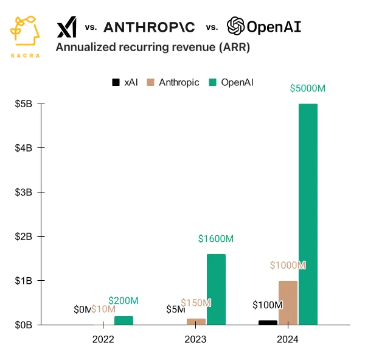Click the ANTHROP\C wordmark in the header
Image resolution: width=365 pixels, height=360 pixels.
coord(149,27)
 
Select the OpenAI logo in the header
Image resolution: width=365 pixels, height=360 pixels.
coord(263,27)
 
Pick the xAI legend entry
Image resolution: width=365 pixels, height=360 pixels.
coord(125,82)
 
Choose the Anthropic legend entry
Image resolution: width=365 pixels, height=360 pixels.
coord(173,82)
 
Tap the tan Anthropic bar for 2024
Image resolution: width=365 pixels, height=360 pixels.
coord(288,303)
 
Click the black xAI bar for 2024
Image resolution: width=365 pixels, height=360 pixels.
coord(268,322)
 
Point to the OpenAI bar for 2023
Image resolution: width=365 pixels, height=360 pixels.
coord(216,289)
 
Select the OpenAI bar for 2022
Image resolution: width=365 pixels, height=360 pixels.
coord(123,320)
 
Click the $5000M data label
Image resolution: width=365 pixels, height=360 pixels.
coord(307,88)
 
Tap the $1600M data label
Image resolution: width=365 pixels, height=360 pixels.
coord(216,239)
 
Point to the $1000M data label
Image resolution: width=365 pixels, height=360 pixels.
coord(288,266)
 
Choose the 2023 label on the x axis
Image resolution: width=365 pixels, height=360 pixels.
coord(195,339)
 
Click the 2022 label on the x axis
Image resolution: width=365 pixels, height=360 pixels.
coord(103,339)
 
